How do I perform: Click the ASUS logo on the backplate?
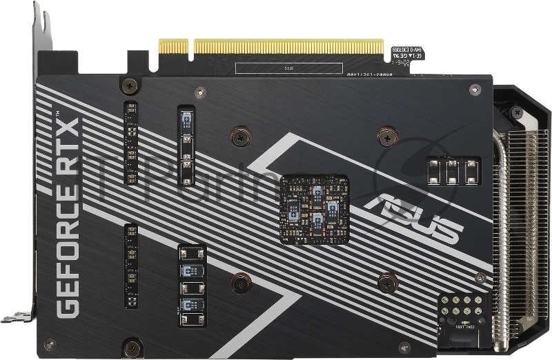pyautogui.click(x=414, y=217)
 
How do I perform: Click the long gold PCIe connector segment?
pyautogui.click(x=288, y=46)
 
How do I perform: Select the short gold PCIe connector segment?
pyautogui.click(x=173, y=46)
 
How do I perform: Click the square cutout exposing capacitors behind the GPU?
pyautogui.click(x=313, y=210)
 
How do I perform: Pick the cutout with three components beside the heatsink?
pyautogui.click(x=453, y=171)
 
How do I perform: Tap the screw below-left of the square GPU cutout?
pyautogui.click(x=240, y=281)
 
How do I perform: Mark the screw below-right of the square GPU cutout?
pyautogui.click(x=388, y=281)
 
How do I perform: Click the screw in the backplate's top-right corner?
pyautogui.click(x=475, y=90)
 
